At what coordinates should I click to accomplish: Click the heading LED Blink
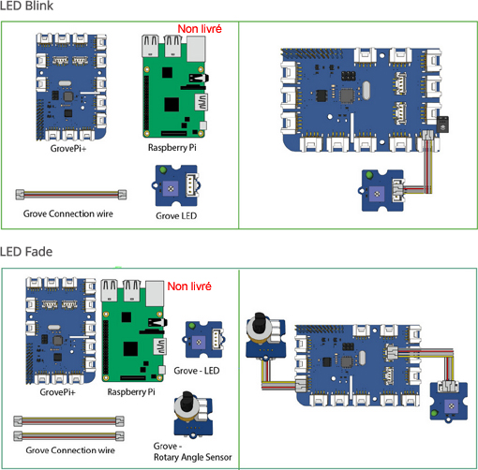(x=27, y=7)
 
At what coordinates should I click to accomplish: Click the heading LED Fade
(x=26, y=251)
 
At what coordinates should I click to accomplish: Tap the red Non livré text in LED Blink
(x=200, y=30)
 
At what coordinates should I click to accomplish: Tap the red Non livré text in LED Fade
(x=188, y=286)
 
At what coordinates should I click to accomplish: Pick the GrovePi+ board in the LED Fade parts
(x=58, y=332)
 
